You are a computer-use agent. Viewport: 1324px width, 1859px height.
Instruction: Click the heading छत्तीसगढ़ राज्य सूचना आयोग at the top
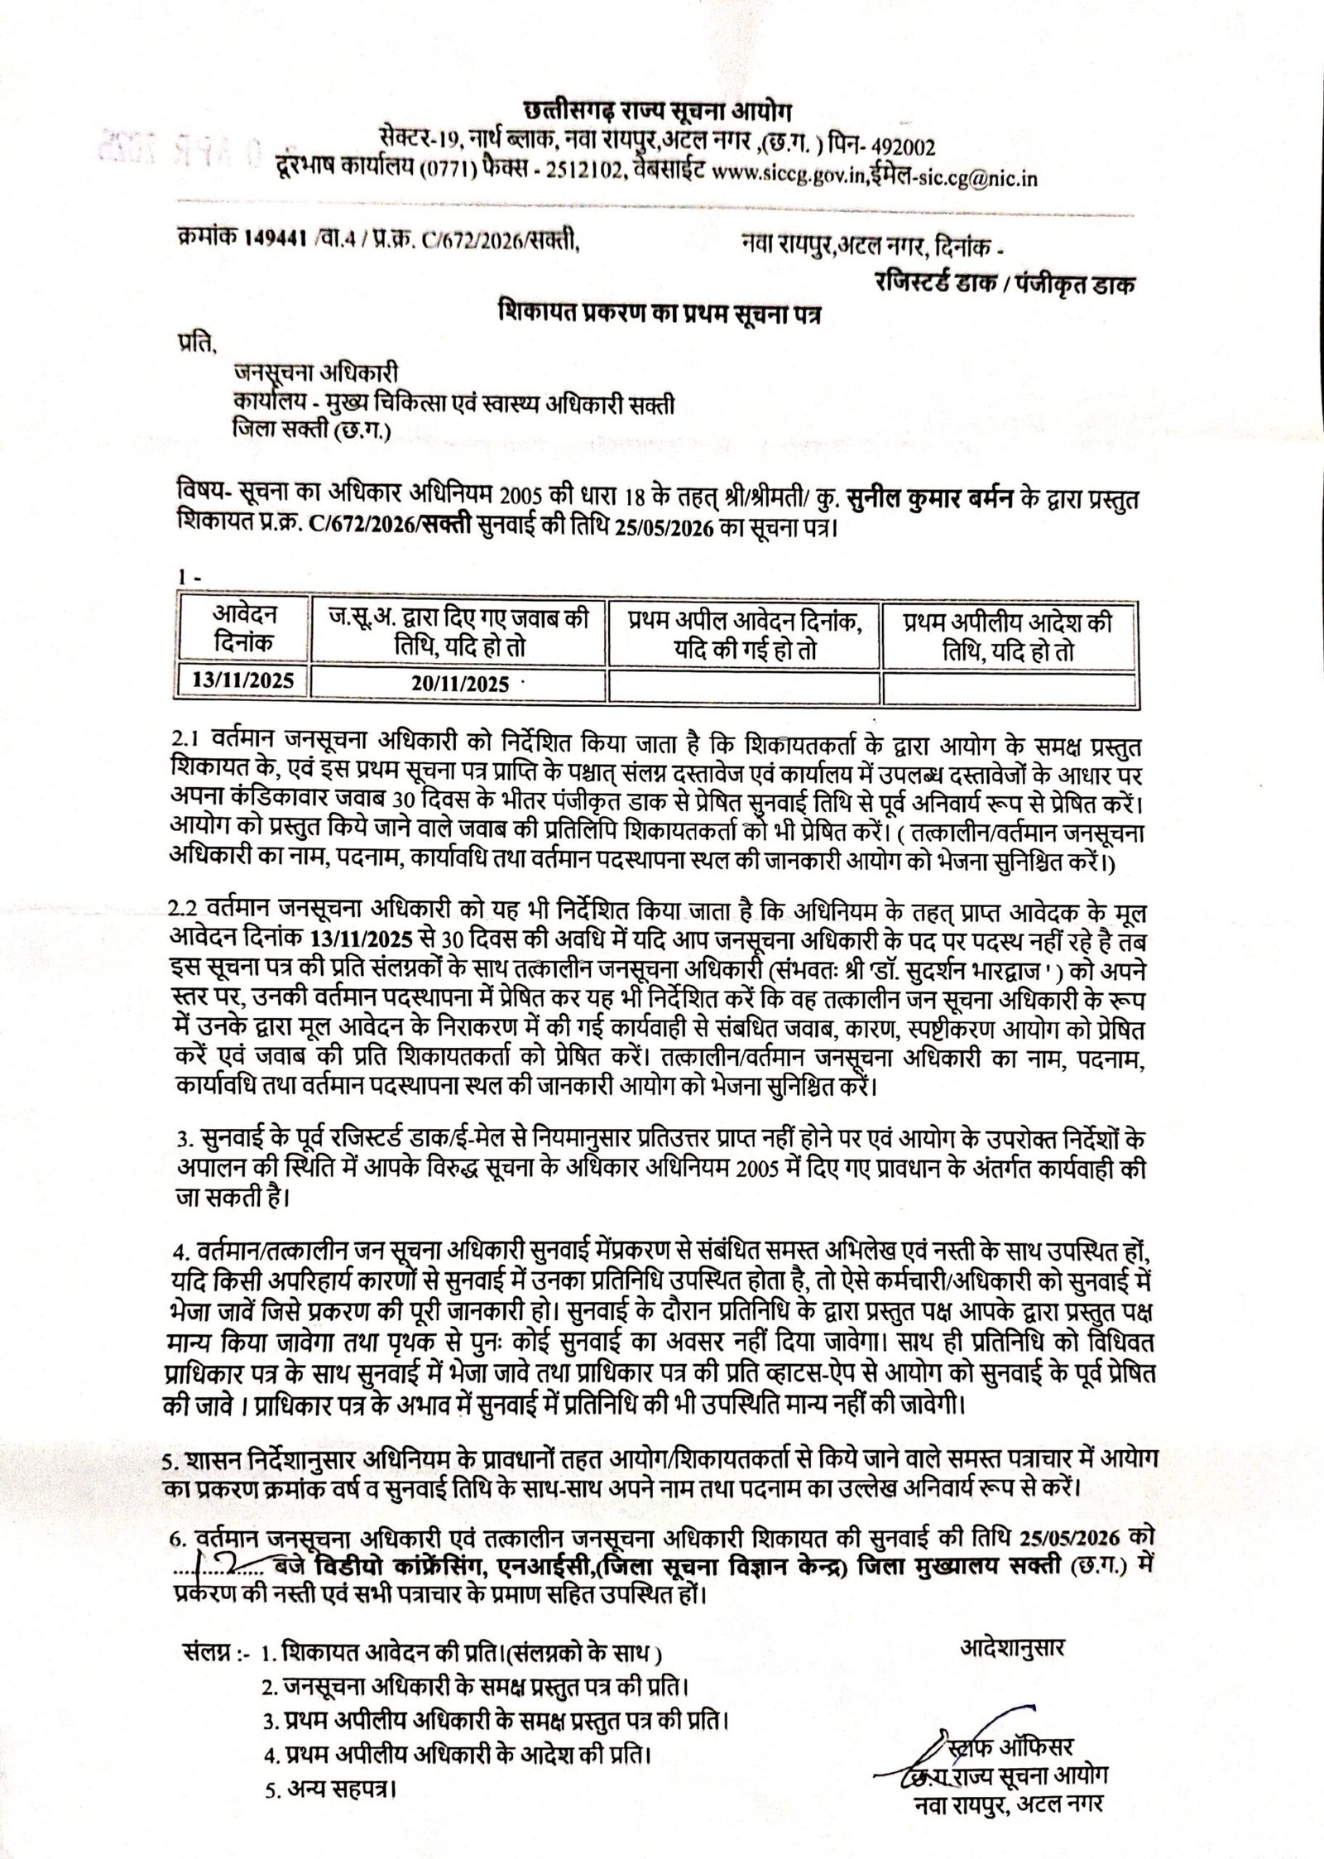(x=658, y=111)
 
